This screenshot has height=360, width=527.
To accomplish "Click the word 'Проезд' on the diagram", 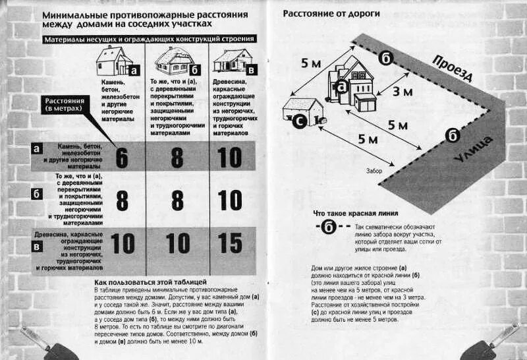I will point(453,68).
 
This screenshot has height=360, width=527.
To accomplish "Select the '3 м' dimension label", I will point(402,92).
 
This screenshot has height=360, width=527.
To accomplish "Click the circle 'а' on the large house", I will point(341,86).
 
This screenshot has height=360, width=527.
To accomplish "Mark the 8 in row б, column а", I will point(122,200).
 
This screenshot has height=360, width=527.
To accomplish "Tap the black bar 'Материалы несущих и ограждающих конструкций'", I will point(149,40).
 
